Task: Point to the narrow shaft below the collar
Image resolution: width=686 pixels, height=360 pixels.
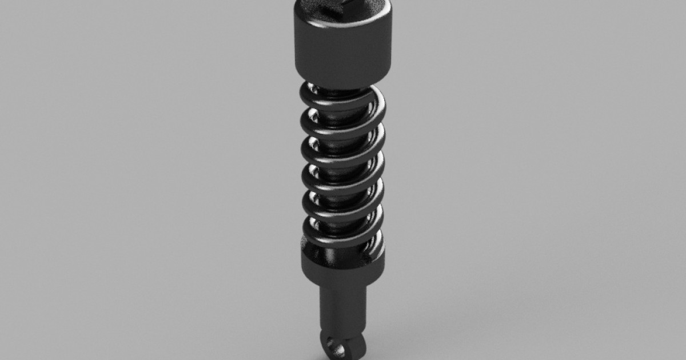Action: point(342,309)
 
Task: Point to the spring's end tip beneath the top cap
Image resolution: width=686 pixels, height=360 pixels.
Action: point(312,88)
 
